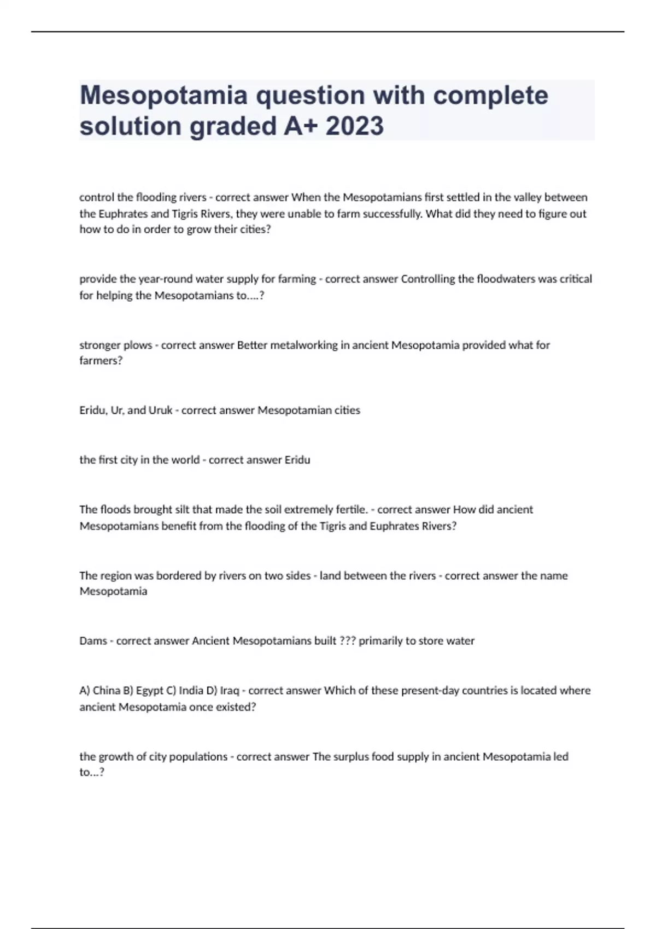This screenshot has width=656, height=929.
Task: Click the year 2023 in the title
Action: click(x=355, y=126)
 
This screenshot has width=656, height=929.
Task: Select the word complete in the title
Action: click(x=490, y=95)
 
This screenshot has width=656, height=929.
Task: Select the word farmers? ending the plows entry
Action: click(x=101, y=361)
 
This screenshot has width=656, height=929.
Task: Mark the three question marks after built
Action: click(x=347, y=641)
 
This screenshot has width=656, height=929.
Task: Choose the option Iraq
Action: click(x=230, y=691)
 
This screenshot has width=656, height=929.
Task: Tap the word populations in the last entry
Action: click(x=198, y=757)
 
